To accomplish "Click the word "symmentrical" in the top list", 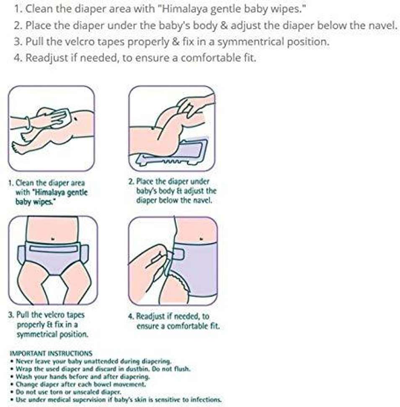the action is [x=251, y=41].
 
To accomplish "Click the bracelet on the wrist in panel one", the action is [x=28, y=122].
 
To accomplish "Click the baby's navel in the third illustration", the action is [x=53, y=238].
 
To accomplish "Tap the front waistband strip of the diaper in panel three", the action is [x=54, y=248].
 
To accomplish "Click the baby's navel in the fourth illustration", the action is [x=201, y=238].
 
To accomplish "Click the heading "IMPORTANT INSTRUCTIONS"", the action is [x=51, y=353].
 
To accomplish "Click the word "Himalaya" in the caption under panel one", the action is [x=50, y=192].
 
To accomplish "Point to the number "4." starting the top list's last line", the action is [x=18, y=58].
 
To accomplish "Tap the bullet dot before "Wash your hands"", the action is [x=12, y=376].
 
